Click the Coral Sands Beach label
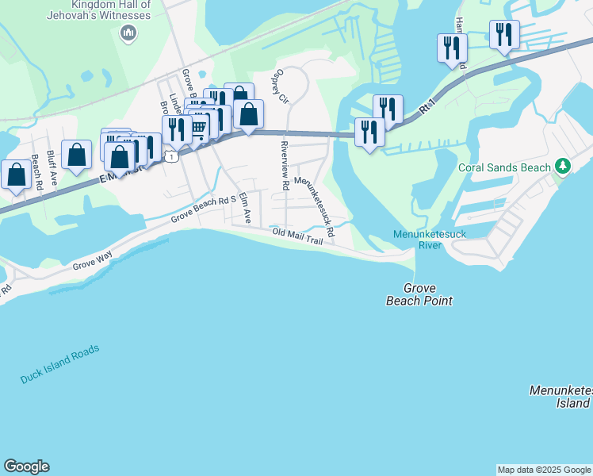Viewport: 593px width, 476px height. click(x=503, y=167)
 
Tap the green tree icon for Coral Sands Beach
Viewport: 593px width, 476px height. click(x=562, y=167)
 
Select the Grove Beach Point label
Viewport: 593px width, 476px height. click(x=419, y=294)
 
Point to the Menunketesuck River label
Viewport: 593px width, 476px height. click(x=428, y=239)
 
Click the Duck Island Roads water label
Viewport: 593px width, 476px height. click(x=60, y=364)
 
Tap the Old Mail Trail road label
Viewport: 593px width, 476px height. click(x=297, y=236)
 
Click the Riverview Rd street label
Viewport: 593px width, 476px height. click(x=284, y=165)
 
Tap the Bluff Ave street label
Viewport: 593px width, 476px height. click(x=52, y=166)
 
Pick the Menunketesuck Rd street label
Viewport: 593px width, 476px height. click(x=315, y=208)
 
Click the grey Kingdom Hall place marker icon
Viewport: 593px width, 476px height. click(x=128, y=33)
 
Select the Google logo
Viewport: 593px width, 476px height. click(x=26, y=466)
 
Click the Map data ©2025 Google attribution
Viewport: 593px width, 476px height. click(x=544, y=470)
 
